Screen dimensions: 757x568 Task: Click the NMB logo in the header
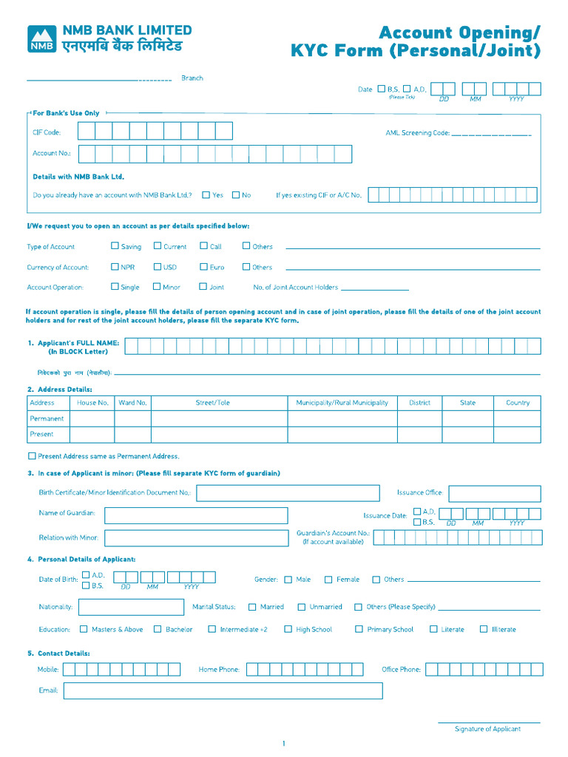41,39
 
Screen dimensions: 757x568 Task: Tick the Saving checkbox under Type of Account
115,246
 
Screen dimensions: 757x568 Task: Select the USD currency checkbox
158,267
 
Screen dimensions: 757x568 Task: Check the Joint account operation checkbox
203,287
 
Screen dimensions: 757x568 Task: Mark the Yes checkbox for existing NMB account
206,195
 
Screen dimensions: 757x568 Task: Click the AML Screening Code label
417,133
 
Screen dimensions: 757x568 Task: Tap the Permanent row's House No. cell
92,418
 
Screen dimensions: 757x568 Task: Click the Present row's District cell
419,434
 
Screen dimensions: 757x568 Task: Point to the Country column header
518,403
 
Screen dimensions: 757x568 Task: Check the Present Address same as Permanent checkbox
32,456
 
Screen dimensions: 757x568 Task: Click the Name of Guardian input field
196,515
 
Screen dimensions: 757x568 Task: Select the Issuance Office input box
494,493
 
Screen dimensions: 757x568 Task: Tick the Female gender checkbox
329,580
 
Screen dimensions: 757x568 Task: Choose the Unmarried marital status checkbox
302,607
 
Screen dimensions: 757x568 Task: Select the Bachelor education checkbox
158,629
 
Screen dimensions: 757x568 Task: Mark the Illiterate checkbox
484,629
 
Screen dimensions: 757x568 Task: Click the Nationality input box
131,607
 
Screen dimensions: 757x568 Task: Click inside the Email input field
223,690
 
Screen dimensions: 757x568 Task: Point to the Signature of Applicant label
487,729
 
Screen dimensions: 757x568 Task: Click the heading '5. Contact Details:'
59,654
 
